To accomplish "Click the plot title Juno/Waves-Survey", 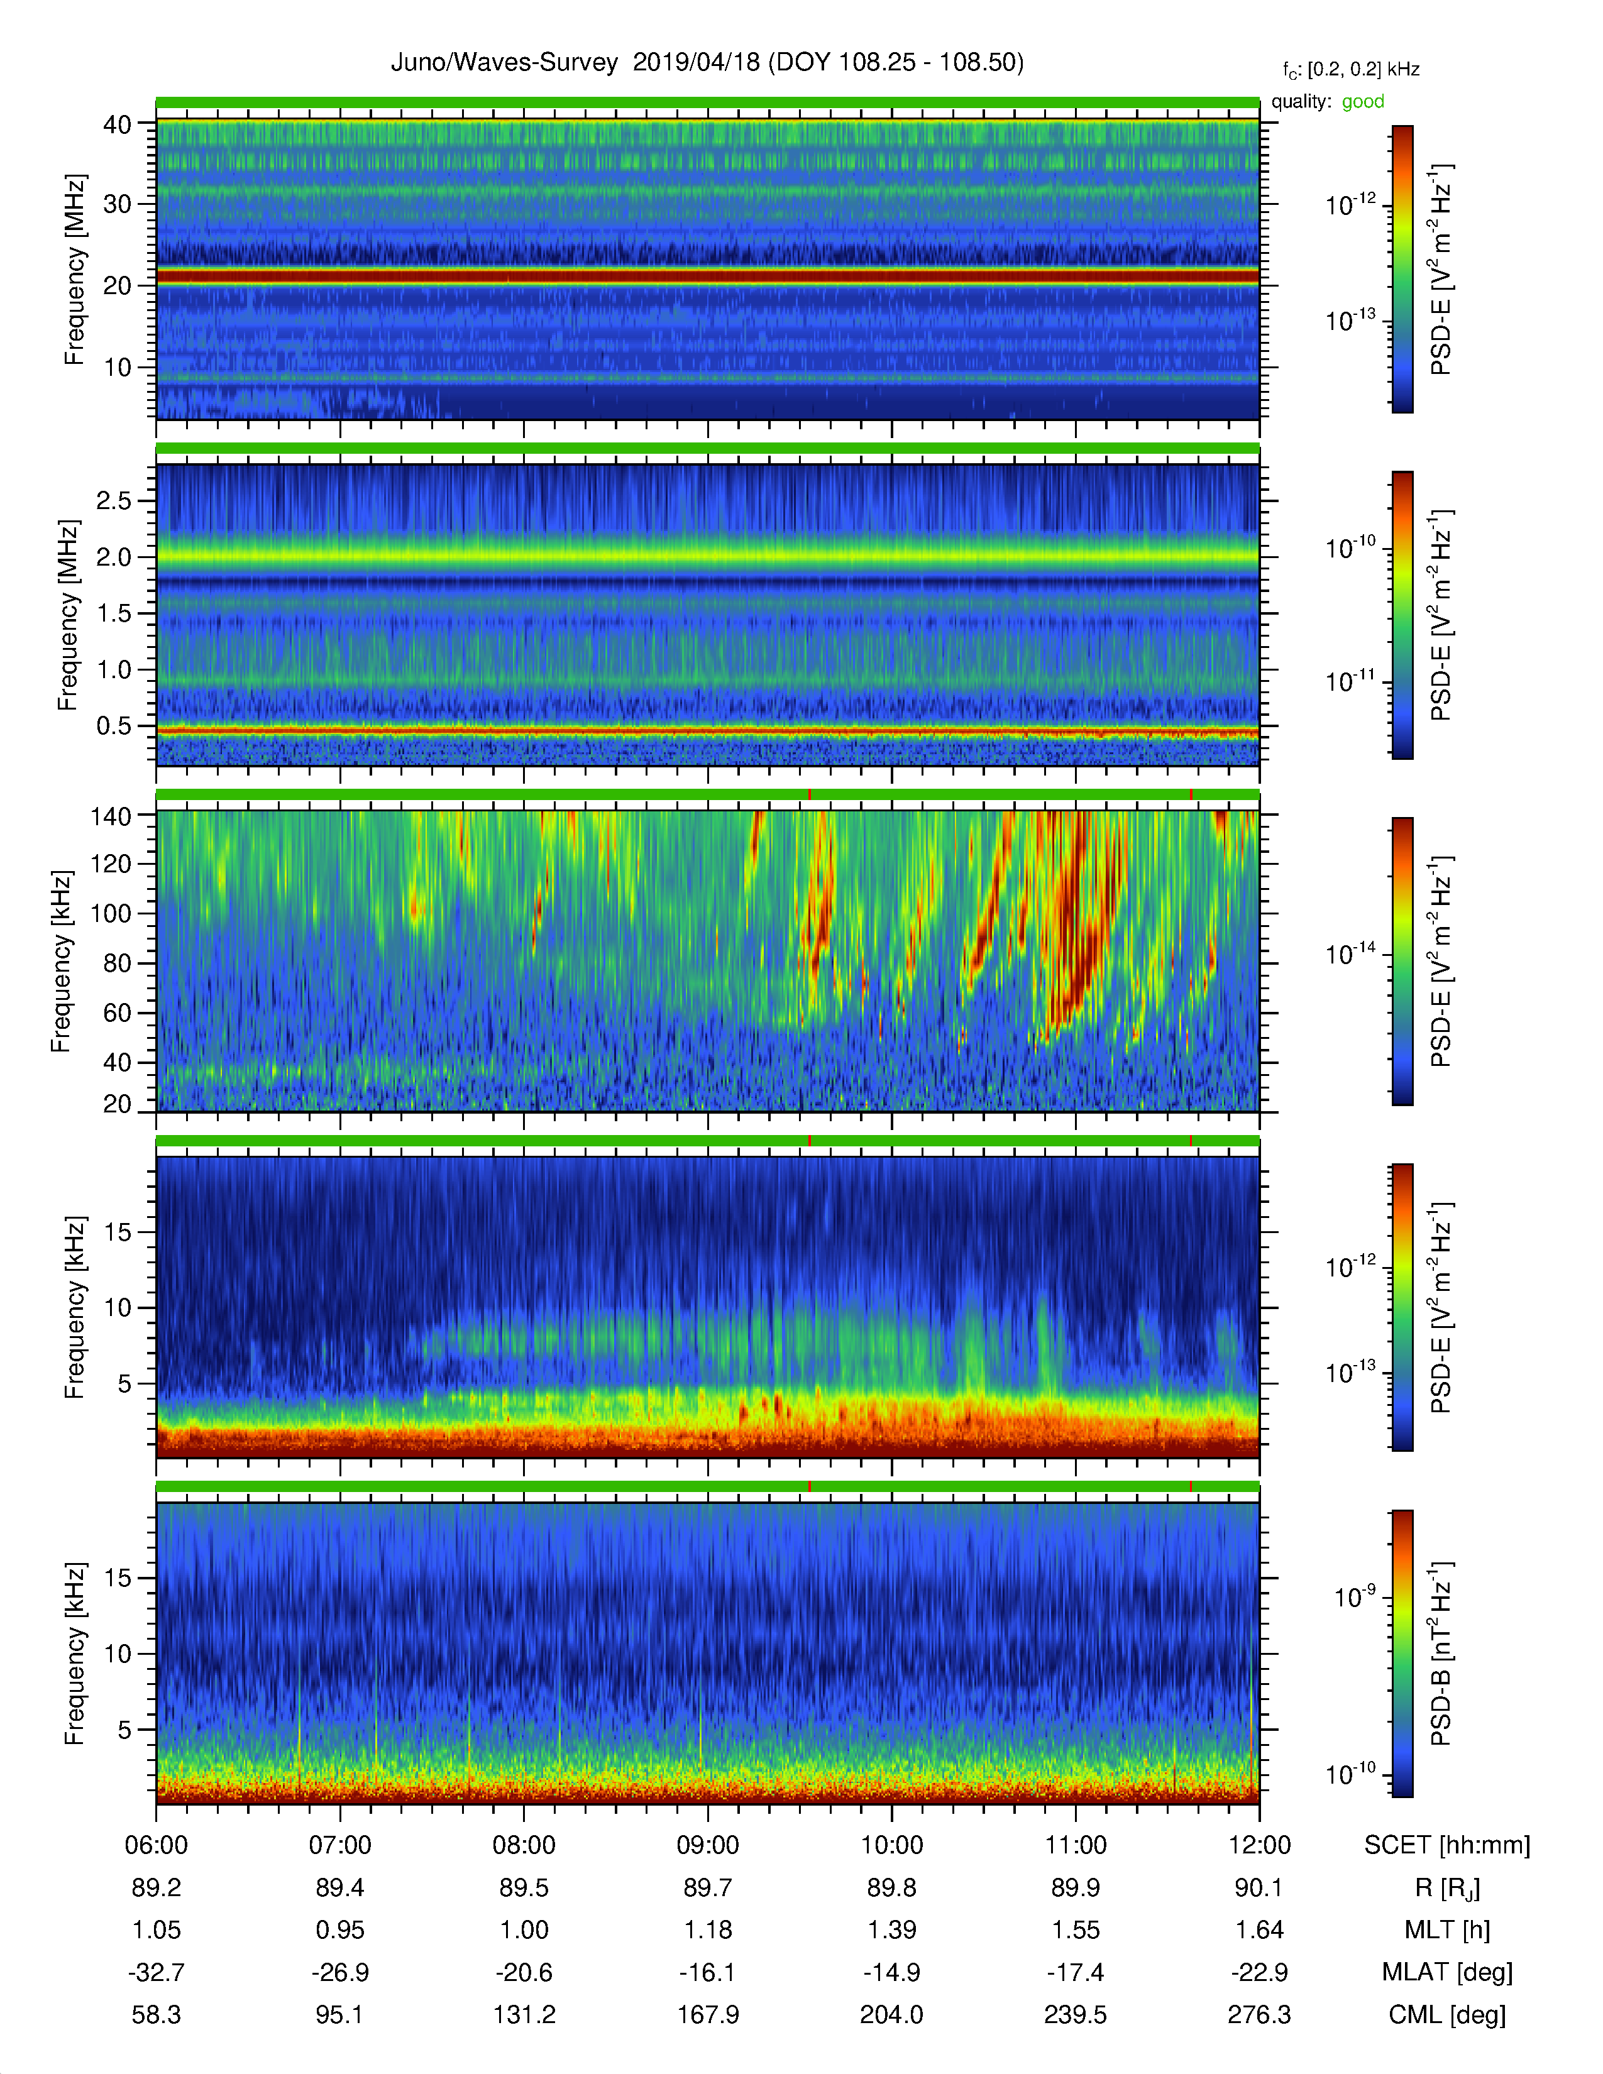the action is pos(504,63).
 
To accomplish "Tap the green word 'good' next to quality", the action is pos(1363,102).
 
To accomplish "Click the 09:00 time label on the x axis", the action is pos(707,1845).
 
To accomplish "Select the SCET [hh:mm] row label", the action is pos(1447,1845).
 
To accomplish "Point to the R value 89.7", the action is pos(707,1888).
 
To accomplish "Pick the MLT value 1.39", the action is pos(892,1929).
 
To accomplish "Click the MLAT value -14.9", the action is pos(892,1972).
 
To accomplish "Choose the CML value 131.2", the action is pos(524,2014).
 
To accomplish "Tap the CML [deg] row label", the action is pos(1447,2015).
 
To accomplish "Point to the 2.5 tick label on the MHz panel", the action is pos(114,500).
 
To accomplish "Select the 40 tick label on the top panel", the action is pos(118,124).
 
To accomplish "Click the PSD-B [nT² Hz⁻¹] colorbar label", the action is pos(1441,1654).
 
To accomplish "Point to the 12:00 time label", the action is pos(1259,1845).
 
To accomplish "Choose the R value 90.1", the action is pos(1259,1888).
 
